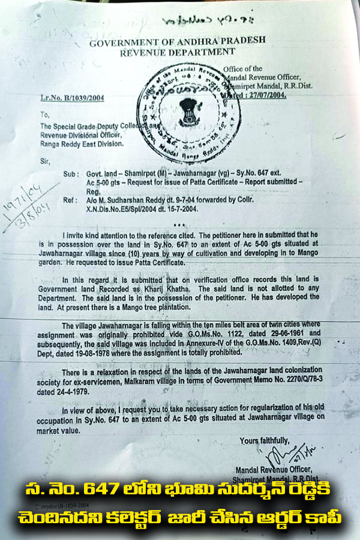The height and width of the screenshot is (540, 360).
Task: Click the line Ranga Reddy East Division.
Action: coord(82,143)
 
